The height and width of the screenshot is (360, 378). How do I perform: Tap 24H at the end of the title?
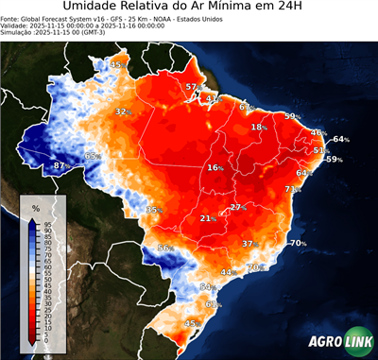point(297,9)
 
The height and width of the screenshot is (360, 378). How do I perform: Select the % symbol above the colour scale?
point(35,208)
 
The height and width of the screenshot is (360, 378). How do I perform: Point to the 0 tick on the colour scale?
point(45,340)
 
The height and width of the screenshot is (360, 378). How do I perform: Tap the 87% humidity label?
point(60,165)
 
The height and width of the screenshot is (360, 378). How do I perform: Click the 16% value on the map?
point(215,167)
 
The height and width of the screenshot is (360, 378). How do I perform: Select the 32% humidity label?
point(122,111)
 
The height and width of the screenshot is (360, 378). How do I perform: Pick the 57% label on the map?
point(192,87)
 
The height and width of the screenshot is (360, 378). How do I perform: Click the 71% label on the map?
point(293,189)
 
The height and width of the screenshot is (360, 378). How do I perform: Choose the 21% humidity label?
point(207,218)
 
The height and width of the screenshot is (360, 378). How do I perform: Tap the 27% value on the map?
point(238,207)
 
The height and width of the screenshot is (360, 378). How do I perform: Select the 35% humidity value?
point(155,209)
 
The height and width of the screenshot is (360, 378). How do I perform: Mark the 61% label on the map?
point(213,303)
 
